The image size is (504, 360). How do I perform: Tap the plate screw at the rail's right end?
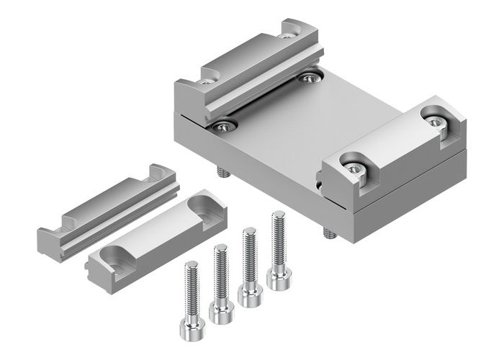(310, 77)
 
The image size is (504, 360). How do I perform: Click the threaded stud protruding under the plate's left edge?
(221, 172)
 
